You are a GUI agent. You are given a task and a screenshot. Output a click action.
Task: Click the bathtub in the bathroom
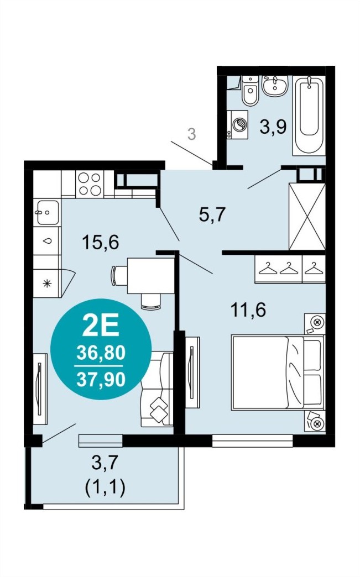(309, 116)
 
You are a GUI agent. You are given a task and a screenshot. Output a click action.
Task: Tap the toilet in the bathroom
(251, 91)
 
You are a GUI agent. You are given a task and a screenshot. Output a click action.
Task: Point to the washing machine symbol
(238, 124)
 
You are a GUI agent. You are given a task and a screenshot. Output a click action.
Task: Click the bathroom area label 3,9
(273, 127)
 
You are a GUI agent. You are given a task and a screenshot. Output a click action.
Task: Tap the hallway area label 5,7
(212, 214)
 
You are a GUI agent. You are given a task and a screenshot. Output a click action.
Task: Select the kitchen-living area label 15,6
(101, 242)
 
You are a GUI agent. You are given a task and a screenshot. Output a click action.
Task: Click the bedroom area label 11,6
(248, 310)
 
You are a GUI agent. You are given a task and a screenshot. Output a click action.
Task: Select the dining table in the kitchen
(150, 276)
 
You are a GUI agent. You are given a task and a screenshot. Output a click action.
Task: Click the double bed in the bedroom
(278, 372)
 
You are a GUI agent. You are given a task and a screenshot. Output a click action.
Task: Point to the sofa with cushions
(157, 390)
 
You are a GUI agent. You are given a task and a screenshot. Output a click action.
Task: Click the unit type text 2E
(101, 327)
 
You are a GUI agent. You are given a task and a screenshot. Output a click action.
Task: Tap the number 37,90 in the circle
(101, 379)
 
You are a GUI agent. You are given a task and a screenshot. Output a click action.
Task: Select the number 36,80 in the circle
(101, 353)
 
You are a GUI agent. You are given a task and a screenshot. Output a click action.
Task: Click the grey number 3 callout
(191, 134)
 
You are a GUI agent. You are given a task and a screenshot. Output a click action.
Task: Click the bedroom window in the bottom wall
(253, 440)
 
